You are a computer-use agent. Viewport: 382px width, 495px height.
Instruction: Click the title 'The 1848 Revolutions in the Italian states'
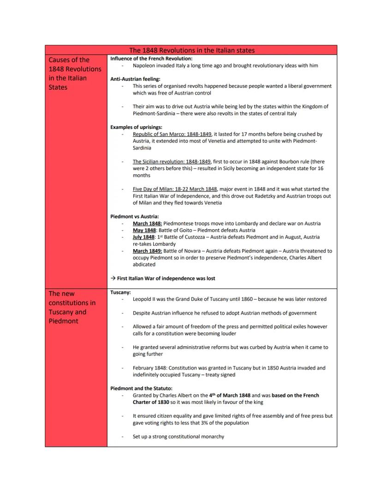coord(191,50)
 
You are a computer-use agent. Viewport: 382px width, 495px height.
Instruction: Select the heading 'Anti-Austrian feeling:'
coord(135,79)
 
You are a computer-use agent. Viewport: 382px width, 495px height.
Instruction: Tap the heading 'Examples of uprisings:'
coord(136,127)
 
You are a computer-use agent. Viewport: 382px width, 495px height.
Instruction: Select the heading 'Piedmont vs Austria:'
coord(134,216)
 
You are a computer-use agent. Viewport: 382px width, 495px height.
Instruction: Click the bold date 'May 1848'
coord(144,230)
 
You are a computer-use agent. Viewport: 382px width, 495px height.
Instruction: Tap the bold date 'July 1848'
coord(143,237)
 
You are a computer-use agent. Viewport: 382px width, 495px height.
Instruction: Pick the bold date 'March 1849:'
coord(147,251)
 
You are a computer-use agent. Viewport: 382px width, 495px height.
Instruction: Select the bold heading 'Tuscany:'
coord(120,293)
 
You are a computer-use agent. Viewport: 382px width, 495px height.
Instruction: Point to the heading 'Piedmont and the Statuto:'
coord(141,389)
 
